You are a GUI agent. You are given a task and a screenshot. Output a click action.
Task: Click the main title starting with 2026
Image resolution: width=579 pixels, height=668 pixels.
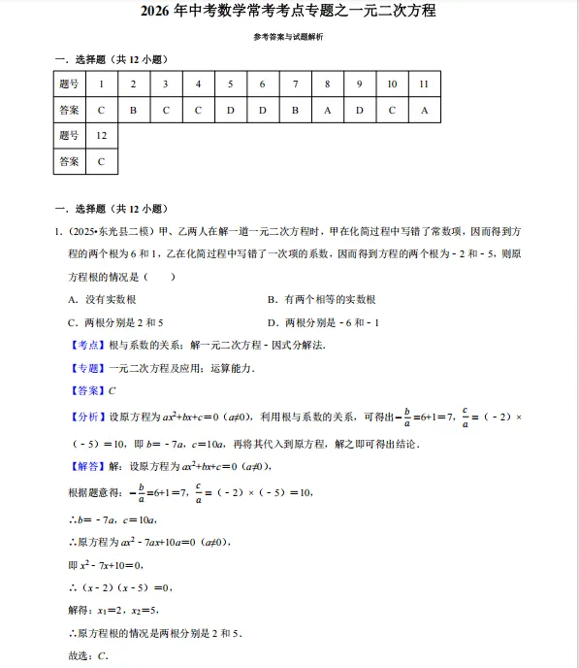[x=288, y=12]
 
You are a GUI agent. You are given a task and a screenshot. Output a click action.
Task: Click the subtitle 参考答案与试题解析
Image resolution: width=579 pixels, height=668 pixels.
[x=288, y=37]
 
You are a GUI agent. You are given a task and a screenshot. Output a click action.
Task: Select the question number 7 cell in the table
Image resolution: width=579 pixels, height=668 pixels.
[x=295, y=84]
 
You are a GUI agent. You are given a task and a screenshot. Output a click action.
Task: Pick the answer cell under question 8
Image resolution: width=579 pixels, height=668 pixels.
[x=327, y=110]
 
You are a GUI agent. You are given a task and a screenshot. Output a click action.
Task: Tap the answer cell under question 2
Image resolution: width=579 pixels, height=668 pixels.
[x=133, y=110]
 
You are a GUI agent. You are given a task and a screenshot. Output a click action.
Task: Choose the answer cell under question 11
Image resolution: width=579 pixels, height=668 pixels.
[x=424, y=110]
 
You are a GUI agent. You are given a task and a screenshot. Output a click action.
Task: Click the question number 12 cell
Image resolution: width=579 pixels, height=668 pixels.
[x=101, y=136]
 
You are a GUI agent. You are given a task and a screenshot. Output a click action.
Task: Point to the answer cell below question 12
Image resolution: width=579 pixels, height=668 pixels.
[x=101, y=162]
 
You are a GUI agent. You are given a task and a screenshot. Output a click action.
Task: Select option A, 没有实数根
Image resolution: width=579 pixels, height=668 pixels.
[x=102, y=300]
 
